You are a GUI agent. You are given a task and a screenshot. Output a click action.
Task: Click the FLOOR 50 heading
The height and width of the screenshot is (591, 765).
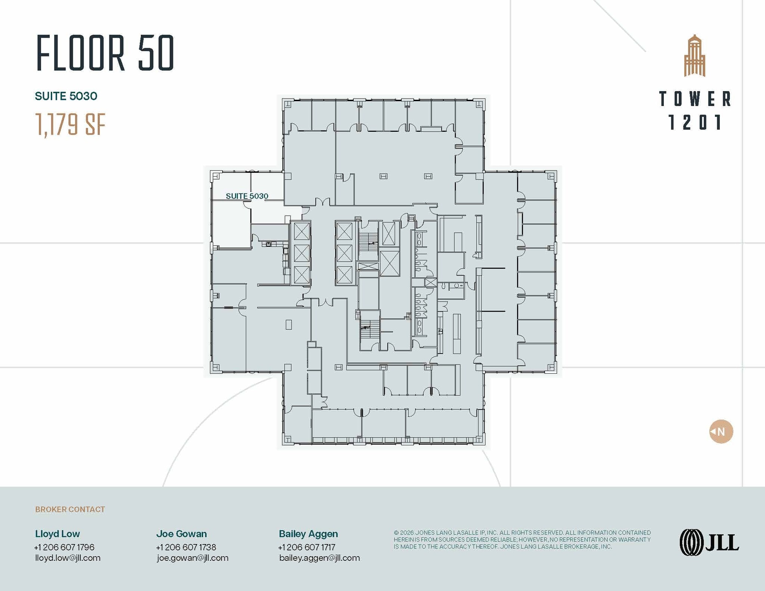coord(105,53)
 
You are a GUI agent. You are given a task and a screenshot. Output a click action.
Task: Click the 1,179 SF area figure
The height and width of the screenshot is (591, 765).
coord(70,125)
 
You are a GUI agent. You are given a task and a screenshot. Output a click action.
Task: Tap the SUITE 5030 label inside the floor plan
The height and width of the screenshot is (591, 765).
coord(247,196)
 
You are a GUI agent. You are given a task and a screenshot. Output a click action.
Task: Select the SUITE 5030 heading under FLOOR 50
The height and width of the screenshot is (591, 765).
coord(66,96)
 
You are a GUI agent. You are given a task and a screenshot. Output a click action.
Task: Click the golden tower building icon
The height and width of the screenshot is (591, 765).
coord(694,56)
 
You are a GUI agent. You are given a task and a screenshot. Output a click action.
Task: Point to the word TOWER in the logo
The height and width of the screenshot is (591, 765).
coord(695,99)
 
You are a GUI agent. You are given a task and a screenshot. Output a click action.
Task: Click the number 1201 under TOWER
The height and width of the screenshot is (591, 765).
coord(695,122)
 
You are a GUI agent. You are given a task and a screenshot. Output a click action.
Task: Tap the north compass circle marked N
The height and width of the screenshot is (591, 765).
coord(721,432)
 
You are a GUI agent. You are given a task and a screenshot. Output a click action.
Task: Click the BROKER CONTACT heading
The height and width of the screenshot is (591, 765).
coord(70,509)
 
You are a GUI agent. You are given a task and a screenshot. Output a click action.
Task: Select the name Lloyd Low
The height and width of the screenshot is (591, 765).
coord(58,534)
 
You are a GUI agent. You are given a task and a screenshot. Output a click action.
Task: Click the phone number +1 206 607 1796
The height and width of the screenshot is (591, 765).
coord(64,547)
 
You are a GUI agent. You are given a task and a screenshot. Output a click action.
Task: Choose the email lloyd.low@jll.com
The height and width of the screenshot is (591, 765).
coord(68,558)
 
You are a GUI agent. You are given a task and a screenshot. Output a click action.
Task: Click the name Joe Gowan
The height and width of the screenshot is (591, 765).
coord(182,534)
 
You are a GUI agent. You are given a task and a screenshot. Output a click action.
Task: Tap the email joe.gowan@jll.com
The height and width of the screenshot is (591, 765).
coord(192,558)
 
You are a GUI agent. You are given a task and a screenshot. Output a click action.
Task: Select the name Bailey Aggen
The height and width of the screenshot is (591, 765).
coord(308,534)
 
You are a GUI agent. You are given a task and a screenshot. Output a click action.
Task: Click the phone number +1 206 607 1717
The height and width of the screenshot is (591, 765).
coord(307,547)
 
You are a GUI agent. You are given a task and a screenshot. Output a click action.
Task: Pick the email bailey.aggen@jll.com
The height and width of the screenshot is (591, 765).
coord(319,558)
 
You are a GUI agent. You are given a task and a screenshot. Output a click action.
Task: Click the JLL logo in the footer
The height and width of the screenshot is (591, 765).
coord(709,542)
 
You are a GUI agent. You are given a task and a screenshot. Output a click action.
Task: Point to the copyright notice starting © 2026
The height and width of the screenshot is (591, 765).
coord(522,539)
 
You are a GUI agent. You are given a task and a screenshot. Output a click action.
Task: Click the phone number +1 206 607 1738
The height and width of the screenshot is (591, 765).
coord(186,547)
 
